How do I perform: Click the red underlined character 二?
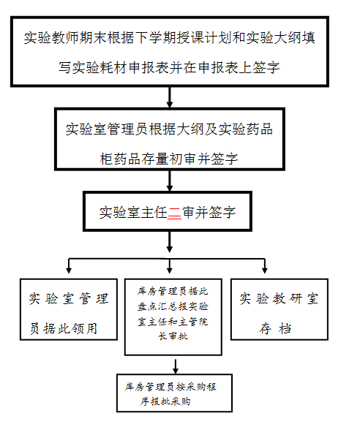pyautogui.click(x=174, y=212)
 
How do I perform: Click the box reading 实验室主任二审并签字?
pyautogui.click(x=168, y=211)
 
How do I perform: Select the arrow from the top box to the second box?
pyautogui.click(x=170, y=97)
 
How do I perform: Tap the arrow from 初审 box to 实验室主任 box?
pyautogui.click(x=170, y=181)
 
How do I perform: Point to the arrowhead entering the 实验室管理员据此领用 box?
pyautogui.click(x=69, y=270)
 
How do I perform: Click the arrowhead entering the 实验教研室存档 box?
pyautogui.click(x=265, y=270)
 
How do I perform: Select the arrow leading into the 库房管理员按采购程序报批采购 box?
pyautogui.click(x=176, y=367)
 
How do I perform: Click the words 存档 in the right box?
pyautogui.click(x=275, y=329)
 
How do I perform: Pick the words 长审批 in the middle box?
pyautogui.click(x=173, y=336)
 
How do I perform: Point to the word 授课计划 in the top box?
pyautogui.click(x=204, y=37)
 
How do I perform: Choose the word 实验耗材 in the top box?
pyautogui.click(x=100, y=67)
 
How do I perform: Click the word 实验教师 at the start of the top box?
pyautogui.click(x=51, y=37)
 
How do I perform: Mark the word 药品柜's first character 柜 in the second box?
pyautogui.click(x=107, y=159)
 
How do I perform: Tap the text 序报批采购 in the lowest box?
pyautogui.click(x=165, y=401)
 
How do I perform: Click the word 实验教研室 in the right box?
pyautogui.click(x=279, y=299)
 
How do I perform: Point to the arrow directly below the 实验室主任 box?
pyautogui.click(x=170, y=242)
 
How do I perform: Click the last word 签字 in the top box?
pyautogui.click(x=266, y=67)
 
